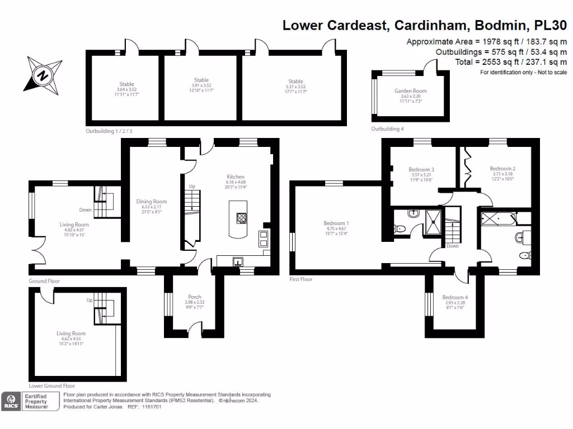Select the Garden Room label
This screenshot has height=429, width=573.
(410, 91)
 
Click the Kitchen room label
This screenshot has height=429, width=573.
(236, 175)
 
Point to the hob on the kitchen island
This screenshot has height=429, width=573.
(242, 218)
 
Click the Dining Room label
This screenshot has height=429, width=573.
(152, 202)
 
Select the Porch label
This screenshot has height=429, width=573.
(194, 297)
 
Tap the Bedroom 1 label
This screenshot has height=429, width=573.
(336, 223)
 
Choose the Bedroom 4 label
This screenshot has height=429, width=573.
(454, 297)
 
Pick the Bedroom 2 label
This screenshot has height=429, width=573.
(502, 168)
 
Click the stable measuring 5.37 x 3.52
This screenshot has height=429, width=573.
(295, 82)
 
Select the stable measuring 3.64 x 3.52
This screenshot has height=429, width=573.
(126, 84)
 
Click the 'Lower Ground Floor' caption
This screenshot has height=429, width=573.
(51, 385)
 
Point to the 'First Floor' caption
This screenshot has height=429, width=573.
(301, 279)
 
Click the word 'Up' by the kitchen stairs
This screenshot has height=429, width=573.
(191, 186)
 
